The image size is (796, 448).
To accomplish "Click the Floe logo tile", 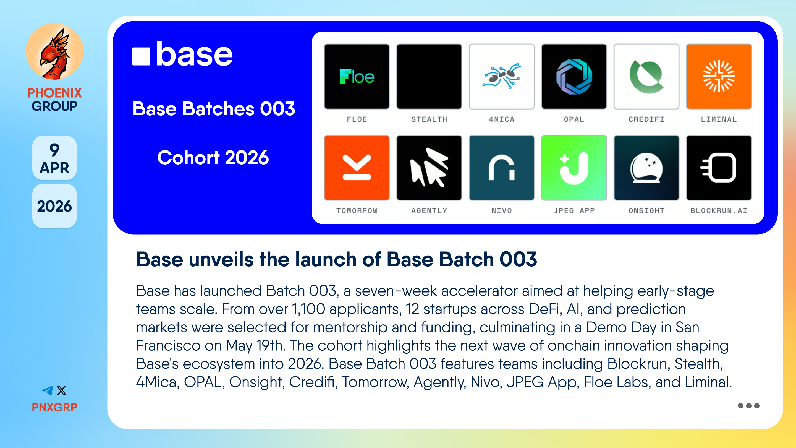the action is (x=357, y=76).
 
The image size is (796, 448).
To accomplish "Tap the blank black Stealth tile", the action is (x=429, y=76).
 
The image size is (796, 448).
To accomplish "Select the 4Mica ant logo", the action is (x=502, y=76).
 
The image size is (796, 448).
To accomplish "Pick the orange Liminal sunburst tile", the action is (x=719, y=76).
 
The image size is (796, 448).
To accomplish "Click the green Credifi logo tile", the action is (x=646, y=76).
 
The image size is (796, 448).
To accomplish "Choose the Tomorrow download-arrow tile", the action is (x=357, y=168).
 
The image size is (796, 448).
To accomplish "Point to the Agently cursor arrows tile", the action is (x=429, y=168).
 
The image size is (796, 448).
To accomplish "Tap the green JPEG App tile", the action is (x=574, y=168).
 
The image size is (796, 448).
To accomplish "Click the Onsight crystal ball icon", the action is (x=646, y=168).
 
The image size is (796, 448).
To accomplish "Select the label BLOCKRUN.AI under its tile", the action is (x=719, y=210).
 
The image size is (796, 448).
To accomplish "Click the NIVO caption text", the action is (x=502, y=210).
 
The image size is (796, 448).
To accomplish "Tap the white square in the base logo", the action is (x=141, y=56).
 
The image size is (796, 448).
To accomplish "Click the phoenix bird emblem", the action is (x=55, y=51).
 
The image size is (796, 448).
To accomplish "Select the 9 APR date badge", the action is (x=54, y=158).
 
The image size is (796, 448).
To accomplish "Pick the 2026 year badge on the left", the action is (x=54, y=206).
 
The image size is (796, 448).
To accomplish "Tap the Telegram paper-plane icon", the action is (x=48, y=390).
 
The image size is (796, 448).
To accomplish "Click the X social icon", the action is (x=61, y=390).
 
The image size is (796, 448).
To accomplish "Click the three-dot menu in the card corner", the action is (x=748, y=406).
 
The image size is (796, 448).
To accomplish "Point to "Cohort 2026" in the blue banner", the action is (x=213, y=157).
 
